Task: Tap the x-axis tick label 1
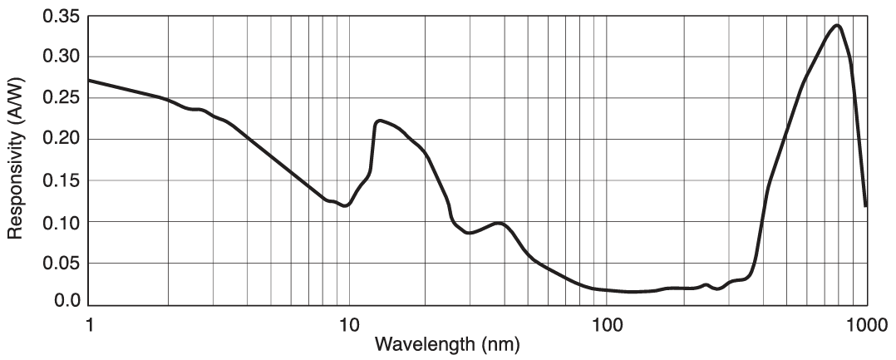[x=89, y=322]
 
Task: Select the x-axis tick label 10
[x=347, y=322]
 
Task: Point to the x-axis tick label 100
[x=606, y=322]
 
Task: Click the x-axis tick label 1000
[x=866, y=322]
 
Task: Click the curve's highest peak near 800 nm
[x=836, y=25]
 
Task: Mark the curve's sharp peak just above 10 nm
[x=379, y=121]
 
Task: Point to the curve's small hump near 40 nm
[x=498, y=223]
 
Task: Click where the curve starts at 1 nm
[x=90, y=81]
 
